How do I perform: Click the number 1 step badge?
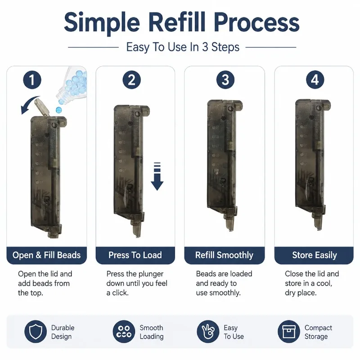tap(32, 80)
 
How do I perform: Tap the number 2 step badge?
tap(131, 80)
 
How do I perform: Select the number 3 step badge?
tap(225, 80)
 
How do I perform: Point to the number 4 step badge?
tap(315, 80)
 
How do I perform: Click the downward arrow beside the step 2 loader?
tap(157, 176)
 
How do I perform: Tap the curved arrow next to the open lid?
tap(29, 104)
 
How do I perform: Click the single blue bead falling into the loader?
tap(59, 110)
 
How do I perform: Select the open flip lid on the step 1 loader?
tap(42, 107)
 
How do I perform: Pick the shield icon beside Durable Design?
tap(36, 332)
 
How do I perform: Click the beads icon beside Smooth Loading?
tap(124, 332)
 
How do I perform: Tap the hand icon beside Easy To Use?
tap(208, 332)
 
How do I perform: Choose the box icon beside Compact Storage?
tap(289, 332)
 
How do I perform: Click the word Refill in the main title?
tap(176, 22)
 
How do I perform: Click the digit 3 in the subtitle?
tap(205, 47)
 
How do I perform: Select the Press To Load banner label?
tap(135, 255)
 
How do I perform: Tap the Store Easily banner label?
tap(315, 255)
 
